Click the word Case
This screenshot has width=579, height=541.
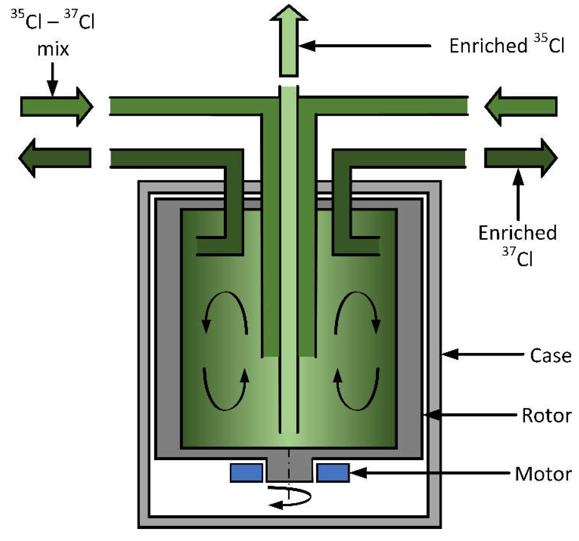(550, 356)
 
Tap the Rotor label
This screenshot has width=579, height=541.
(546, 415)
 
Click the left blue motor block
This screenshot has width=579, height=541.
(246, 473)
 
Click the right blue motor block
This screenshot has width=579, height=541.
(333, 473)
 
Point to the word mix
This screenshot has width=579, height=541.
(53, 49)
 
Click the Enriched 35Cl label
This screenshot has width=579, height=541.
(507, 46)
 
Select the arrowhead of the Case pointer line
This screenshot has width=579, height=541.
(450, 354)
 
